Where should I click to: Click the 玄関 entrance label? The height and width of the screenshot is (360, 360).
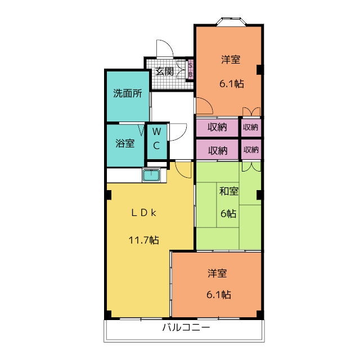click(x=164, y=71)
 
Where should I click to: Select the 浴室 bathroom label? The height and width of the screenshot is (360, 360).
click(x=125, y=143)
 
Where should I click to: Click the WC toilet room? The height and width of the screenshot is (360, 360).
click(x=157, y=138)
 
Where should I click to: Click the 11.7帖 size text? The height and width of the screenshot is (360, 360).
click(x=143, y=240)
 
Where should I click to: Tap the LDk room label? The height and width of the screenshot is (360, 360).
click(x=143, y=213)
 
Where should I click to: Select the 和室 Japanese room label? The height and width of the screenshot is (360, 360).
click(x=228, y=191)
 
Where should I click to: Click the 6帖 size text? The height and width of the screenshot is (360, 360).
click(x=228, y=214)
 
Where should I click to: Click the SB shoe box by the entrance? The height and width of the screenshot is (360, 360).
click(x=190, y=70)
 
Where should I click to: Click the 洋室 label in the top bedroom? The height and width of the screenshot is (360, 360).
click(x=231, y=59)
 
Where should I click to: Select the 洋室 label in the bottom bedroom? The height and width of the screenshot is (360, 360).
click(x=217, y=274)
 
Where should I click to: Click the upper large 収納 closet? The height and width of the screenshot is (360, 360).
click(x=217, y=128)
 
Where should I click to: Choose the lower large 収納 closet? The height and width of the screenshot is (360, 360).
click(x=217, y=150)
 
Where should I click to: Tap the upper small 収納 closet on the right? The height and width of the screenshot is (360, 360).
click(x=250, y=128)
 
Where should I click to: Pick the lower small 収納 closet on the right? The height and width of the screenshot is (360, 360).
click(x=250, y=150)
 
